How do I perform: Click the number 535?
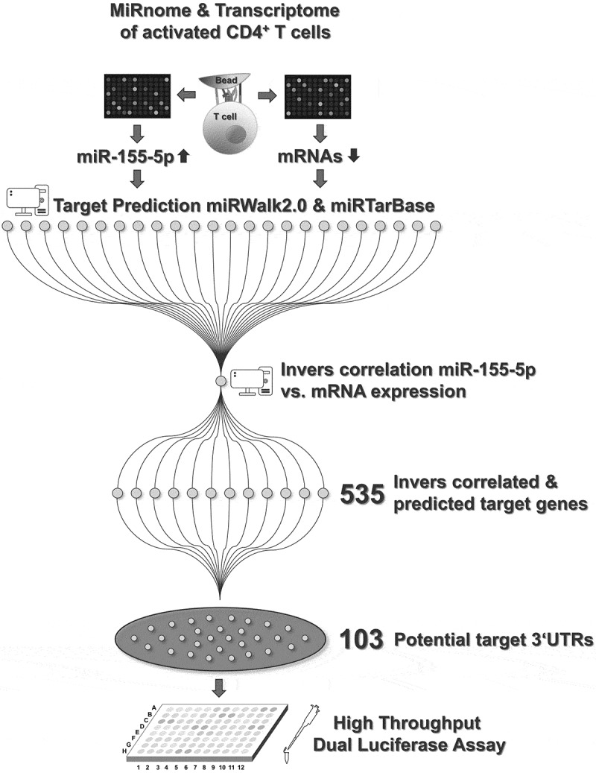coord(361,493)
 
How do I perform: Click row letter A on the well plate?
coord(153,707)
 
